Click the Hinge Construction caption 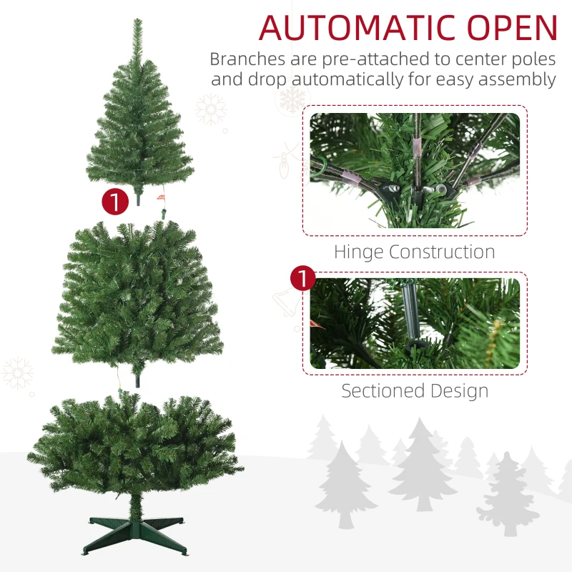coord(414,252)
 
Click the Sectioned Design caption coord(414,391)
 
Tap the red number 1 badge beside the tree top coord(115,201)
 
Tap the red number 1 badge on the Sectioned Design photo coord(303,279)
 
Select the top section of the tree coord(139,136)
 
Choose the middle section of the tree coord(136,293)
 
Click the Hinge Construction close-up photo coord(414,170)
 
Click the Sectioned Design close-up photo coord(414,323)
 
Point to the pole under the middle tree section coord(136,378)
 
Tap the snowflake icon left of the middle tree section coord(17,373)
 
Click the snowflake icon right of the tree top coord(211,109)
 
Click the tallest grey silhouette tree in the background coord(422,465)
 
